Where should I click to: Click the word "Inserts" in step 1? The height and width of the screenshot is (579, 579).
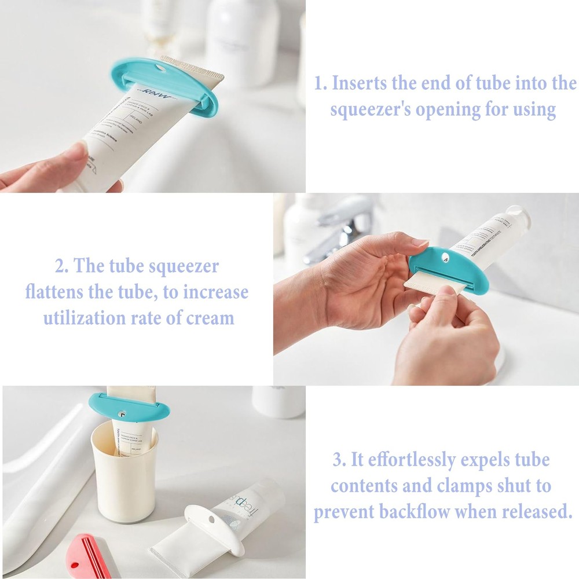coord(360,83)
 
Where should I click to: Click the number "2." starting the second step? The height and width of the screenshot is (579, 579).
coord(63,267)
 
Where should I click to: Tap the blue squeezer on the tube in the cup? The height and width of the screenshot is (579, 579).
coord(129,406)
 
